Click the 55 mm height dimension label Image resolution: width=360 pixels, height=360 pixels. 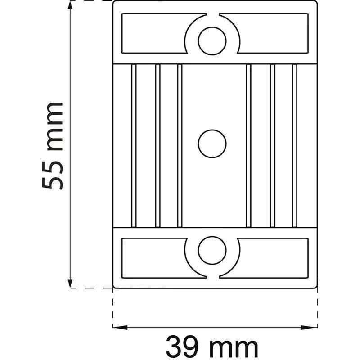click(x=52, y=146)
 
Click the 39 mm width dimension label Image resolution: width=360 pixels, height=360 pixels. click(x=212, y=346)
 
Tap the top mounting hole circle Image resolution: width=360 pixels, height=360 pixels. click(x=212, y=41)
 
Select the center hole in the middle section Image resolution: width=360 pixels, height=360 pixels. click(x=212, y=144)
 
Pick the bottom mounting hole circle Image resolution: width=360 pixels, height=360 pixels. click(x=212, y=250)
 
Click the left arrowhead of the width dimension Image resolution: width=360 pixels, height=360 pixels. click(x=120, y=328)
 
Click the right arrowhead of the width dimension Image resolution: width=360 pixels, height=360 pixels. click(x=310, y=328)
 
